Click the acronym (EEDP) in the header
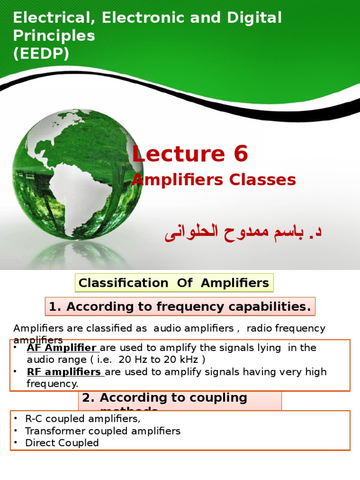[x=41, y=54]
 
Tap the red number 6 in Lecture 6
[x=239, y=154]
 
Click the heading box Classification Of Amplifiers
[x=174, y=283]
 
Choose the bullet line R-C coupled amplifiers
[x=82, y=419]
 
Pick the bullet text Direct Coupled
[x=62, y=443]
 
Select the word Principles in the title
[x=54, y=36]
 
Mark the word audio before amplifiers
[x=130, y=329]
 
